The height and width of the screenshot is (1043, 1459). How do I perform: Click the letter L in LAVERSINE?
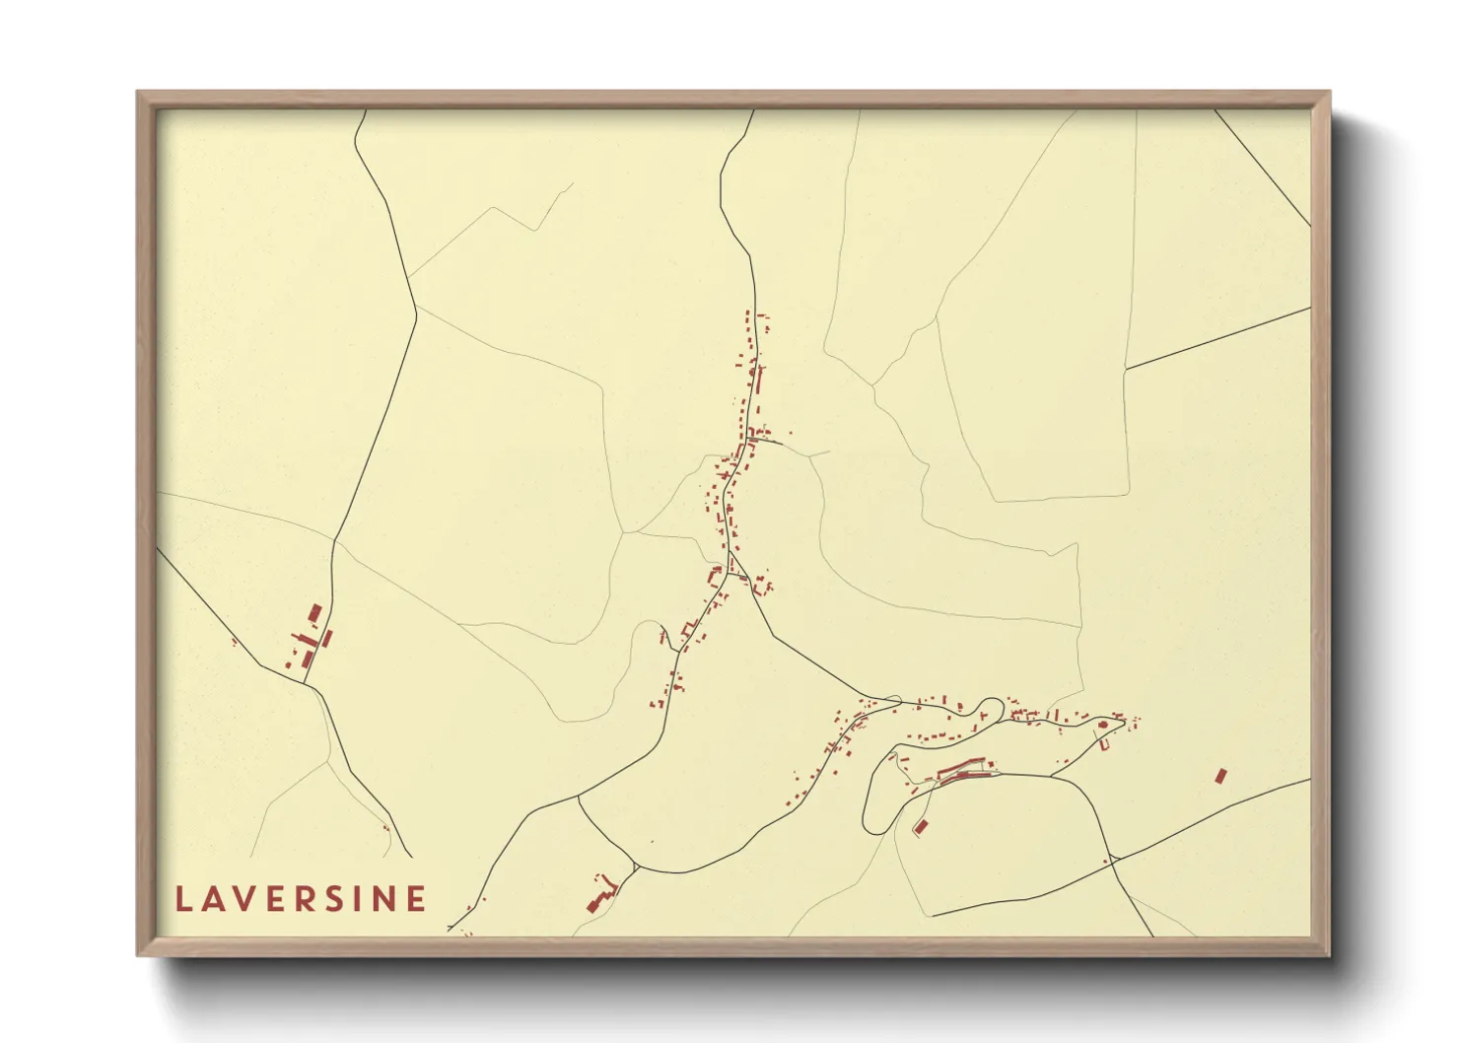183,899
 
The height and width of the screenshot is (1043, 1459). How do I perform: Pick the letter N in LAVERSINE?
385,899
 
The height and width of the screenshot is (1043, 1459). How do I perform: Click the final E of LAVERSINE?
417,899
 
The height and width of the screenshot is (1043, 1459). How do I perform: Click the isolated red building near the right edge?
1220,776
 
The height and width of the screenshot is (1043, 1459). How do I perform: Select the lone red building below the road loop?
922,827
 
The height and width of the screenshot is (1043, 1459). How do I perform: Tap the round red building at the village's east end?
1103,726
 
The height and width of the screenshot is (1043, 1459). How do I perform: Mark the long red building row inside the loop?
961,769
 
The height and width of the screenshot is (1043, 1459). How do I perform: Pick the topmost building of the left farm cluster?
314,613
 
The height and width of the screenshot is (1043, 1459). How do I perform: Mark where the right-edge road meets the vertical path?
1126,370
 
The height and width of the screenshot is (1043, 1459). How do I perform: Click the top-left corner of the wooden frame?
138,93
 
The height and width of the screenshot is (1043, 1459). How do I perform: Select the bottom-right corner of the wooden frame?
1329,954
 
